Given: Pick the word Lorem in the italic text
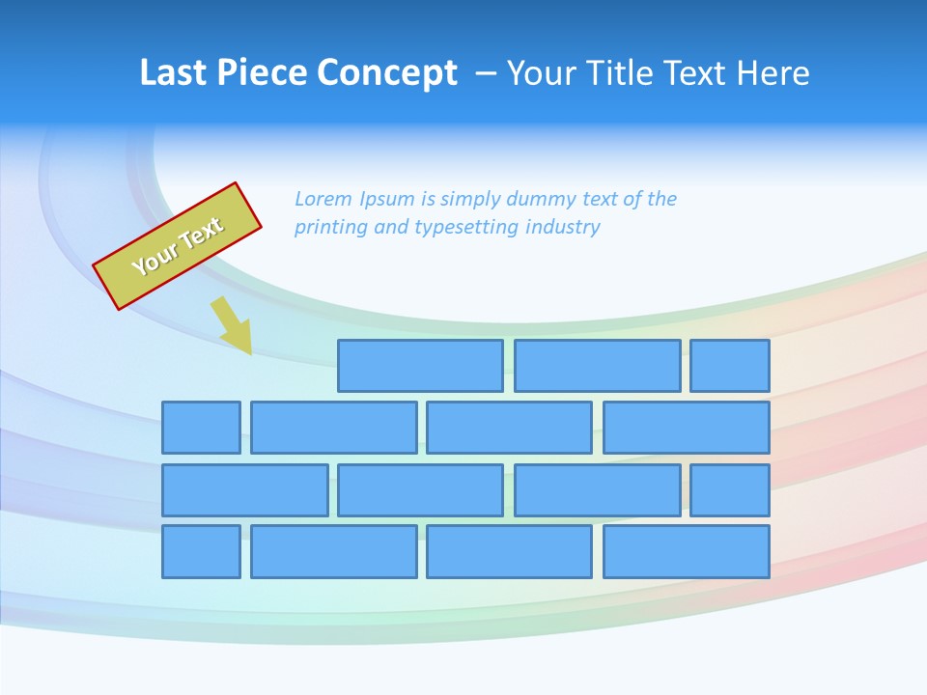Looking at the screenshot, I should point(323,199).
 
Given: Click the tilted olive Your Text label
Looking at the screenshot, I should point(178,246).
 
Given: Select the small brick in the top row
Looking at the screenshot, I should point(730,366).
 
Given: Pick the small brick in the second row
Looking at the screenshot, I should point(201,428).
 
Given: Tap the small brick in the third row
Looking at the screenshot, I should point(730,490).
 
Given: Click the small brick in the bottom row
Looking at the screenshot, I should point(201,552).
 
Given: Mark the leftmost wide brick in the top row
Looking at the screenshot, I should point(420,366).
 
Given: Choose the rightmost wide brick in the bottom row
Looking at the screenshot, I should point(687,552).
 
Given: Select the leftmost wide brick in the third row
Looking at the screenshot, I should point(244,490).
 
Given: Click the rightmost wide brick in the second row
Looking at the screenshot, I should point(687,428).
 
